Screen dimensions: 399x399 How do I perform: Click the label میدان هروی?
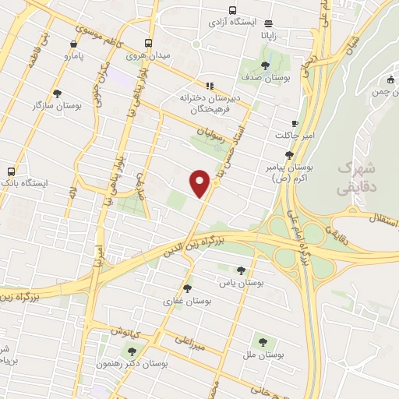click(148, 56)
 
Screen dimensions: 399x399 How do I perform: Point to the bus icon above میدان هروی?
click(148, 44)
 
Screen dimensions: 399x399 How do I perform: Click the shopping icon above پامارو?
click(72, 44)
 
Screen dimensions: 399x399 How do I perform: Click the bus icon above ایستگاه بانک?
click(11, 171)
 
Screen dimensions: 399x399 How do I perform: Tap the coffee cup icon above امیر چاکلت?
click(295, 123)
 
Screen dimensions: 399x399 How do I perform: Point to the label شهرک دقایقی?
click(357, 178)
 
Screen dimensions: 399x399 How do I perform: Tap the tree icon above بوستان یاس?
click(241, 270)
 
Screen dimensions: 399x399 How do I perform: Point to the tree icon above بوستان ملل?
click(262, 341)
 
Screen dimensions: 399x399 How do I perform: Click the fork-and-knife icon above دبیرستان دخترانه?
click(209, 86)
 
